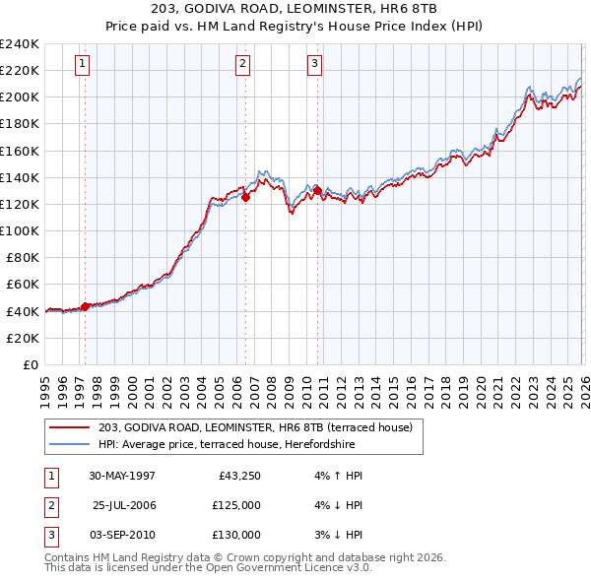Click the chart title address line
tap(295, 9)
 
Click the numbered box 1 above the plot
tap(81, 65)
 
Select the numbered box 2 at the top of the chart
tap(242, 65)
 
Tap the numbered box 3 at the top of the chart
tap(314, 65)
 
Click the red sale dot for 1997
tap(86, 306)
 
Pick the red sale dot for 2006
tap(245, 197)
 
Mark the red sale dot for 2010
tap(317, 190)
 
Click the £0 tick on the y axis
tap(31, 364)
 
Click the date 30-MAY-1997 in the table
tap(122, 476)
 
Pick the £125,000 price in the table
tap(236, 505)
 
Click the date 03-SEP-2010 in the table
tap(122, 535)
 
